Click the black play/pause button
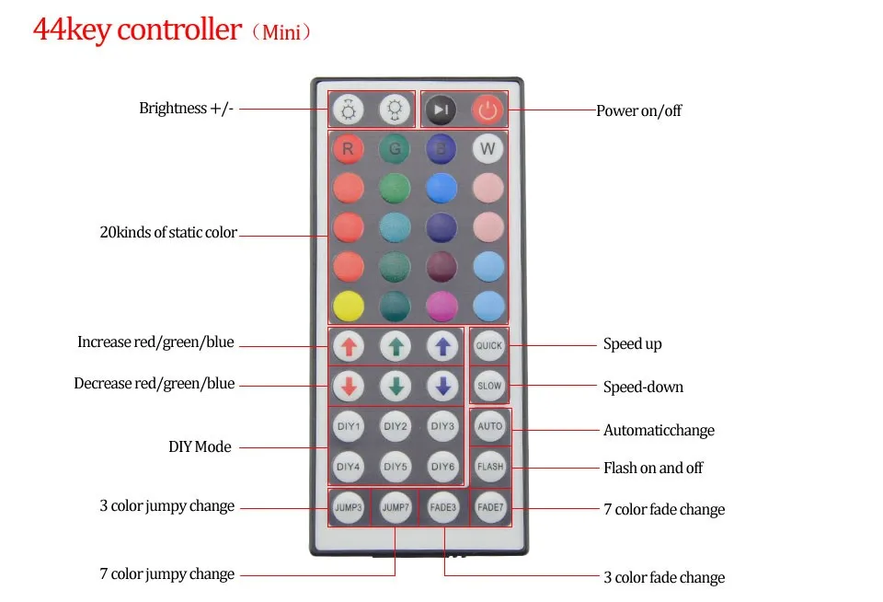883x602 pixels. click(441, 110)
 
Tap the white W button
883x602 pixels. click(487, 149)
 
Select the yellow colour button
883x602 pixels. click(349, 307)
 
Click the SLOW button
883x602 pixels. click(488, 386)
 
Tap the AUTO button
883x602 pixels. click(490, 426)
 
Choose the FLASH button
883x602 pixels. click(490, 467)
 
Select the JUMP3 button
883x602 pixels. click(349, 507)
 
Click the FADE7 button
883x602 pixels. click(490, 507)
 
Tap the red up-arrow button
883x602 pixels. click(349, 346)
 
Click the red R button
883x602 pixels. click(348, 149)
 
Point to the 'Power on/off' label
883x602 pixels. click(638, 111)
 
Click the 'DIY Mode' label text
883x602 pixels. click(200, 447)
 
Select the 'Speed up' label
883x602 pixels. click(633, 344)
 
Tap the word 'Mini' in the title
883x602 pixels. click(281, 33)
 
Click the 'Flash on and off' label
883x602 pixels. click(653, 468)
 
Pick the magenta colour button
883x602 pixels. click(442, 307)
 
